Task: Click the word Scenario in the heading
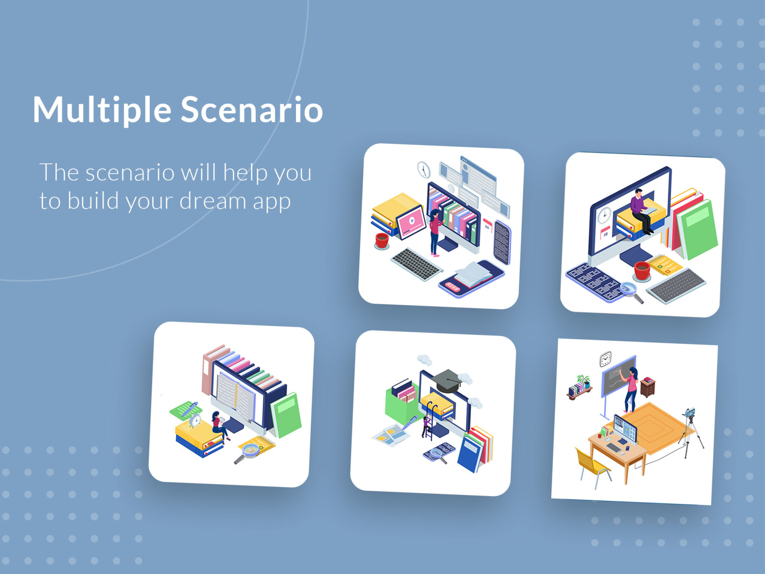(251, 110)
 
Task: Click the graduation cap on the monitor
(446, 380)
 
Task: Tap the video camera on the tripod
(689, 413)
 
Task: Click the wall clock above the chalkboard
(605, 359)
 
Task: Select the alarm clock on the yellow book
(195, 420)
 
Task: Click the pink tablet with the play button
(410, 221)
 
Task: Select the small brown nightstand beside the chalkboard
(647, 387)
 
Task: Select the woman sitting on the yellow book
(219, 425)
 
